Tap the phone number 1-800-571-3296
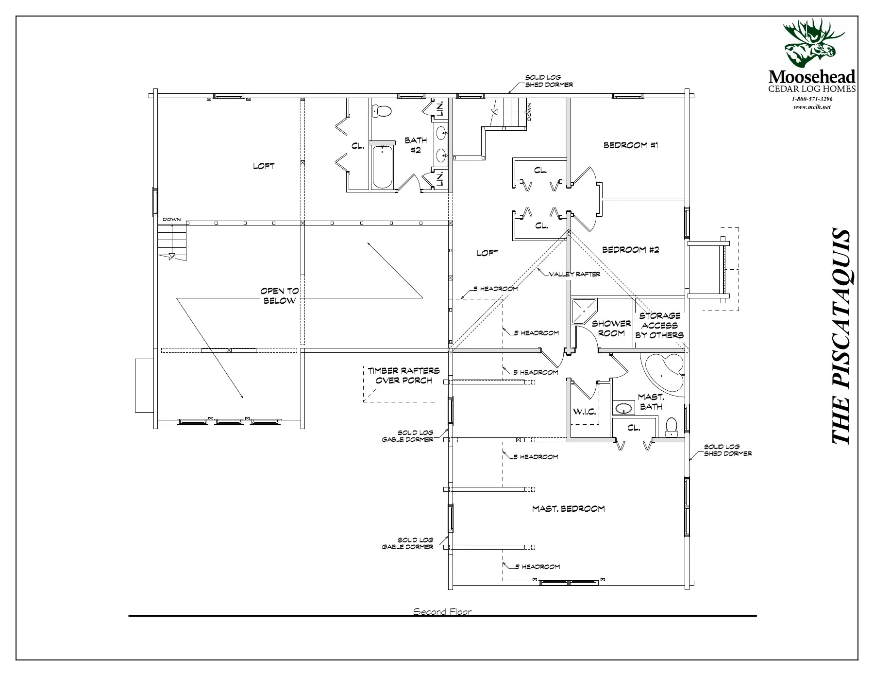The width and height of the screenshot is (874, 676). pyautogui.click(x=812, y=99)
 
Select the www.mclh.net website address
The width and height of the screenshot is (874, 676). pyautogui.click(x=812, y=107)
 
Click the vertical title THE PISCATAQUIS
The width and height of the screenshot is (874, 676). pyautogui.click(x=840, y=336)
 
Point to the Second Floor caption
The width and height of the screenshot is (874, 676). pyautogui.click(x=442, y=611)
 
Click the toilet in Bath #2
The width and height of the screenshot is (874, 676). pyautogui.click(x=381, y=111)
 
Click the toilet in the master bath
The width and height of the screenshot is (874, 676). pyautogui.click(x=672, y=428)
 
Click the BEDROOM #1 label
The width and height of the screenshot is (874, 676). pyautogui.click(x=631, y=145)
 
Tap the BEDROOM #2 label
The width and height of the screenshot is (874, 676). pyautogui.click(x=631, y=250)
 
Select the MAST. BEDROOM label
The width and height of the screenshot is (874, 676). pyautogui.click(x=569, y=509)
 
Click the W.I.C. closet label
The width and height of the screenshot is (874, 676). pyautogui.click(x=584, y=412)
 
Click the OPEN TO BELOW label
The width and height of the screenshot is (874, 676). pyautogui.click(x=280, y=295)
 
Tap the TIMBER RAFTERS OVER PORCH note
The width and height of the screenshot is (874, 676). pyautogui.click(x=403, y=375)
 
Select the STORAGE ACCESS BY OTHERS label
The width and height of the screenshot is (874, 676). pyautogui.click(x=659, y=325)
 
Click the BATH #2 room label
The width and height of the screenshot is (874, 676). pyautogui.click(x=416, y=145)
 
